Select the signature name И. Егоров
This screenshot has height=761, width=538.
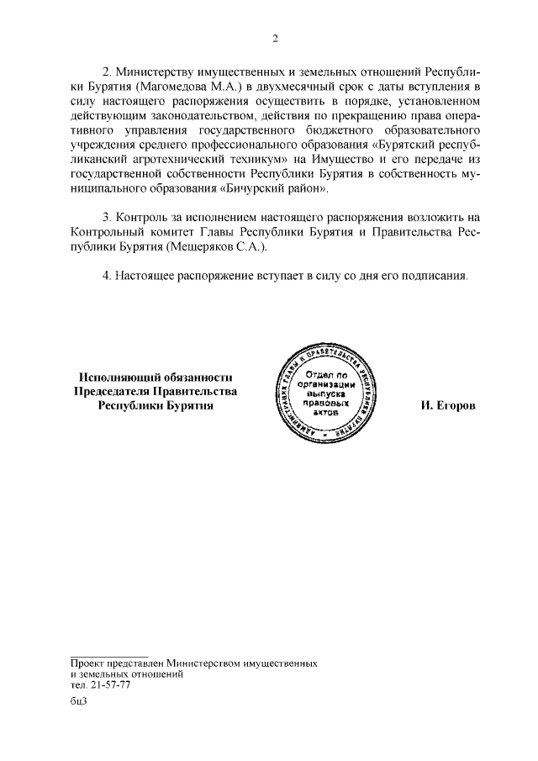(x=448, y=405)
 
